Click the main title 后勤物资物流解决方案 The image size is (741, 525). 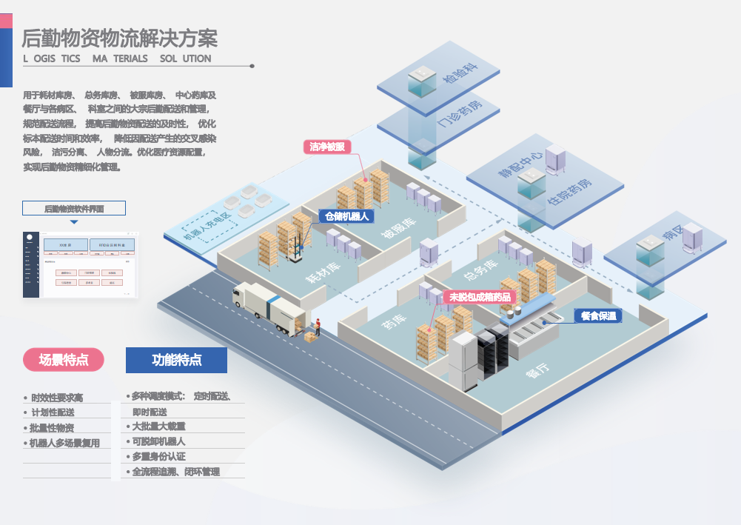[119, 37]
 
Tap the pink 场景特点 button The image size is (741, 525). [64, 360]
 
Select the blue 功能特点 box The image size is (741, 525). [176, 360]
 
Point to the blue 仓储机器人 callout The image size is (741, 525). [346, 216]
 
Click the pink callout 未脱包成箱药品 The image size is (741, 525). [480, 297]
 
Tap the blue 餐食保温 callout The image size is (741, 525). [598, 315]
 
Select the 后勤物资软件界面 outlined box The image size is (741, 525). [74, 208]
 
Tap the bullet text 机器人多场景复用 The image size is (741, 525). [66, 443]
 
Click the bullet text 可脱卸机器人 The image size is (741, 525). [158, 441]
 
